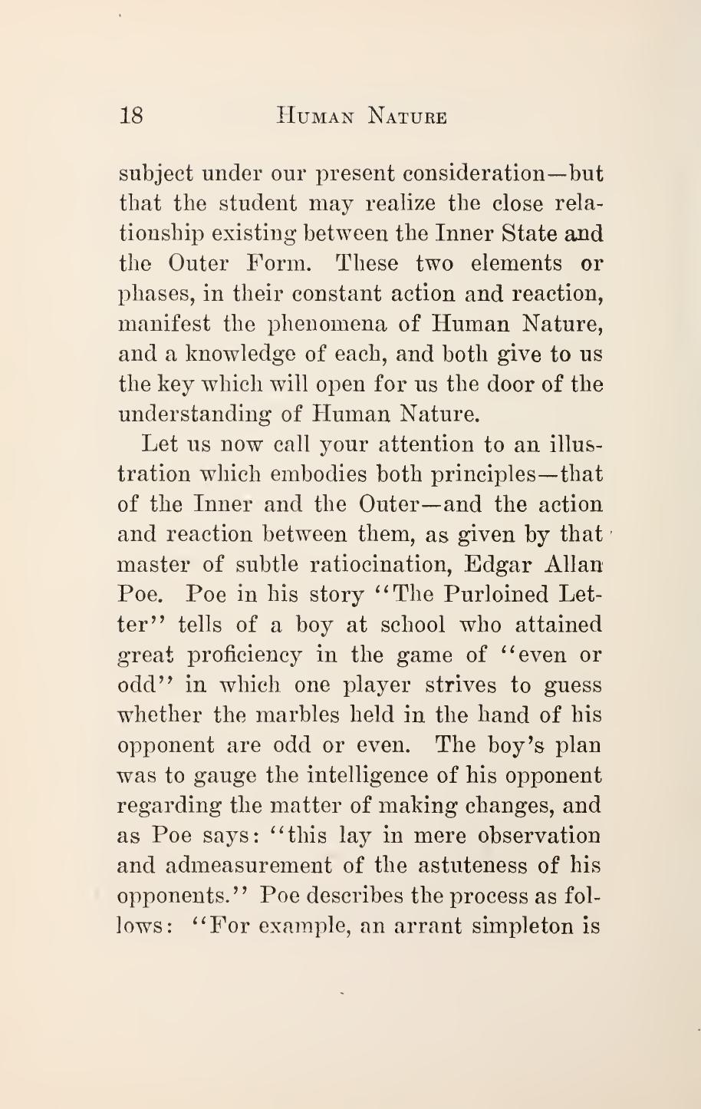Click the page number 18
132,117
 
